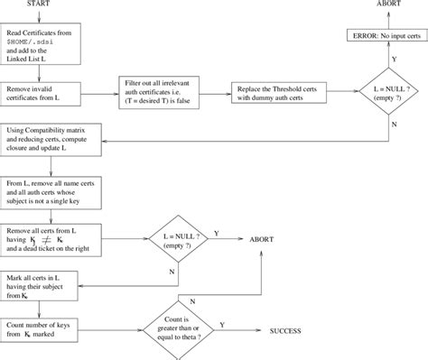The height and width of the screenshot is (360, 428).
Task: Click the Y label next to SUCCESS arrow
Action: (247, 325)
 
